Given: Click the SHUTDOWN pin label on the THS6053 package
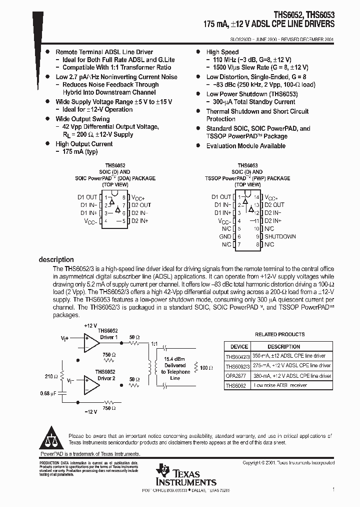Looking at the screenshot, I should pos(280,236).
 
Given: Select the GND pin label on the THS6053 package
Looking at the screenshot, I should pos(225,236).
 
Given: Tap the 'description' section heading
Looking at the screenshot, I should pos(56,260).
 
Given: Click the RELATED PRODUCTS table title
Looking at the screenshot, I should pos(279,334).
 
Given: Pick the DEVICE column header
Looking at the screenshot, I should pos(239,346).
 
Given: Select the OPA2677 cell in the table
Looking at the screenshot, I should pos(236,376).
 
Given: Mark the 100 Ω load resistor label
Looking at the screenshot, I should pos(206,368).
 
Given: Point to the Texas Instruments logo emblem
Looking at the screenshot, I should pos(163,471).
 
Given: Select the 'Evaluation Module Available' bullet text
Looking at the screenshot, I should pos(246,146).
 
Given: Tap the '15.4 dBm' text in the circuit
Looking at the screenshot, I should pos(175,359).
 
